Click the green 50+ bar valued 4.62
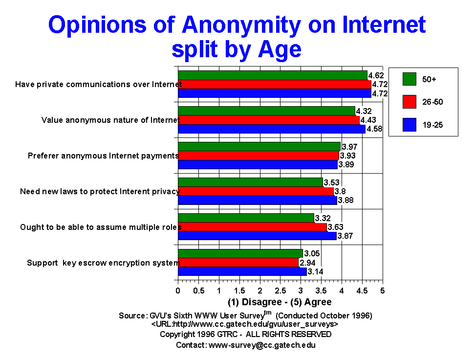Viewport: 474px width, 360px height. click(272, 75)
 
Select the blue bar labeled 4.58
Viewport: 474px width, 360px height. click(271, 129)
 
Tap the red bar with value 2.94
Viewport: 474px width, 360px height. click(238, 263)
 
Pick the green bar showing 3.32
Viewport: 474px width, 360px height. click(246, 218)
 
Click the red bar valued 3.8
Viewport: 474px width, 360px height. click(256, 191)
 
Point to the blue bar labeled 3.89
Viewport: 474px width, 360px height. click(258, 165)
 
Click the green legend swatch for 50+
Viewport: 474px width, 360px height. click(409, 78)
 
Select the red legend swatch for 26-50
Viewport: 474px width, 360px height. click(409, 102)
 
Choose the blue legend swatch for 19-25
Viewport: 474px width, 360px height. click(409, 126)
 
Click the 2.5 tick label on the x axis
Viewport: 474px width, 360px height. click(280, 291)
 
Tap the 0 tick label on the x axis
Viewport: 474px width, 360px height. click(178, 291)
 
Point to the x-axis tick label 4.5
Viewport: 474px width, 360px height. click(362, 291)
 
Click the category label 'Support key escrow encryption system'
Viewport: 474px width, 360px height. click(104, 263)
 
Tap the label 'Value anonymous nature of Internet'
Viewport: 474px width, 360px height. click(110, 120)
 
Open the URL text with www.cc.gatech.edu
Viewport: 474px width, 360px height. click(245, 324)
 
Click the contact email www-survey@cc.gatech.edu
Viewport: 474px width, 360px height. click(262, 345)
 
